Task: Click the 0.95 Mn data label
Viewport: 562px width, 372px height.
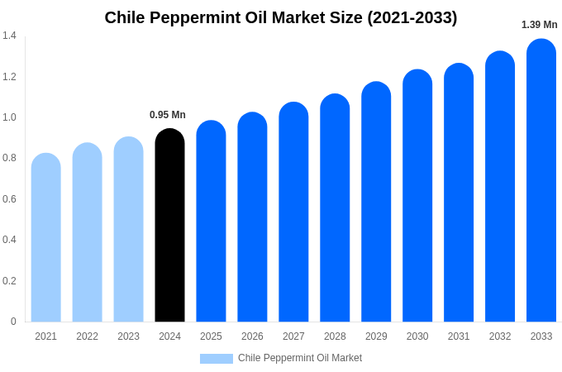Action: [x=168, y=115]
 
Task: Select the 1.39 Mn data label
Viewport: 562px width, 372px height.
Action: [x=539, y=25]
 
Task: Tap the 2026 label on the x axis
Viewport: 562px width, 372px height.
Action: [x=252, y=336]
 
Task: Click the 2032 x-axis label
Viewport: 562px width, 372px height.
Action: [x=500, y=336]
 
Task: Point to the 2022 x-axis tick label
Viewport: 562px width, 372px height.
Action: [x=87, y=336]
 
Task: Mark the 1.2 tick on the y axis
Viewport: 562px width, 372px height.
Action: [x=9, y=77]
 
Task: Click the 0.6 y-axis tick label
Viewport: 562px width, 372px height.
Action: [x=9, y=199]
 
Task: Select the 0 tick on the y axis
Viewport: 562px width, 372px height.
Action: [x=13, y=322]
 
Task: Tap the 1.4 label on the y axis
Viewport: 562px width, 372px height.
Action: [x=9, y=36]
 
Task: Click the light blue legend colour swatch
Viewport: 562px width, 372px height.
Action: [x=217, y=359]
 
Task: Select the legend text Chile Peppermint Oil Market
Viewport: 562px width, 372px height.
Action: [x=300, y=358]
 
